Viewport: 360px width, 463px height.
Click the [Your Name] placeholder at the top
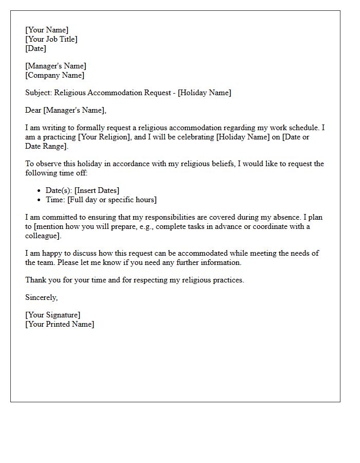47,30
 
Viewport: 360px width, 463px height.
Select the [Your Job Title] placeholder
51,39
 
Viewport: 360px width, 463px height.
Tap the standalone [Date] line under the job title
35,48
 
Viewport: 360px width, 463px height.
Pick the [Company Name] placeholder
55,75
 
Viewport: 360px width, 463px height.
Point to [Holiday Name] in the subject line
204,93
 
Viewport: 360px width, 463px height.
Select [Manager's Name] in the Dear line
75,110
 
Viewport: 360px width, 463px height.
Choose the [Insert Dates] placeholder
97,190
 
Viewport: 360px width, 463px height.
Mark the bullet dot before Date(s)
40,191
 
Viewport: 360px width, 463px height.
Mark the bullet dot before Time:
40,200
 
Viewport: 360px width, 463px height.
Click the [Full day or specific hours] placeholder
112,200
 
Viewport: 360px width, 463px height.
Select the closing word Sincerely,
42,297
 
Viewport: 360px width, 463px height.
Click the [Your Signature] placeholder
53,315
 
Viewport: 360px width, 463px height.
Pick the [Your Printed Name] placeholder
60,324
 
